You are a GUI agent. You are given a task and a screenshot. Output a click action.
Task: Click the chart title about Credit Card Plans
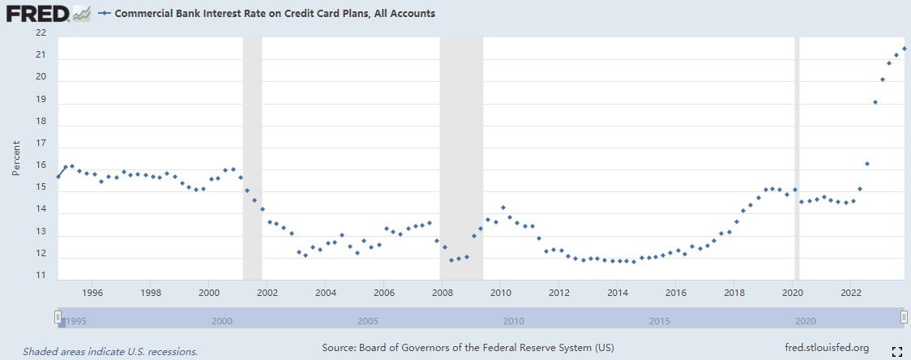click(275, 14)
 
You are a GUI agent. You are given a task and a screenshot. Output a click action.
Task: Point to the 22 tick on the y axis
click(41, 32)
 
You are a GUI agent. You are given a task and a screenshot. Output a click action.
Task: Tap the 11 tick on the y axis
click(41, 276)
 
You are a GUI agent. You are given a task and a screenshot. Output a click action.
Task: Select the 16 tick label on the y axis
click(41, 165)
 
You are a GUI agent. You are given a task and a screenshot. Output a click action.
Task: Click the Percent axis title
click(16, 158)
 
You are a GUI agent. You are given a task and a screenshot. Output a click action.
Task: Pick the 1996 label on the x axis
click(92, 292)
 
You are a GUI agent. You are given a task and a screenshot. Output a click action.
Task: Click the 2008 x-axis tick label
click(442, 292)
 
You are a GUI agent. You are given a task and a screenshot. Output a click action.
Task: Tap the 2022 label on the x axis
click(851, 292)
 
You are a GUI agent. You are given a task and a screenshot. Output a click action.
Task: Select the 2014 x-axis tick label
click(618, 292)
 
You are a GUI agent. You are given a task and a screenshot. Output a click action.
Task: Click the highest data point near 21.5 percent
click(905, 49)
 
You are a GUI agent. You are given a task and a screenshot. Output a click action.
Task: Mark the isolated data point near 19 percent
click(875, 102)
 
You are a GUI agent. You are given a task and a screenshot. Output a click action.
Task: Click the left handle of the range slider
click(58, 316)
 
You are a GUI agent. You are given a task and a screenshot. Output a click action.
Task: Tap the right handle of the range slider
click(904, 316)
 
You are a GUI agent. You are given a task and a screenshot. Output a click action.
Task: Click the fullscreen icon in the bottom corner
click(896, 351)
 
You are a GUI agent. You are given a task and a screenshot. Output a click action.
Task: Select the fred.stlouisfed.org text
click(827, 348)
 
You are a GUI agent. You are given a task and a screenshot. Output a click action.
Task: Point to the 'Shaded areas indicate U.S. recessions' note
click(110, 352)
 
